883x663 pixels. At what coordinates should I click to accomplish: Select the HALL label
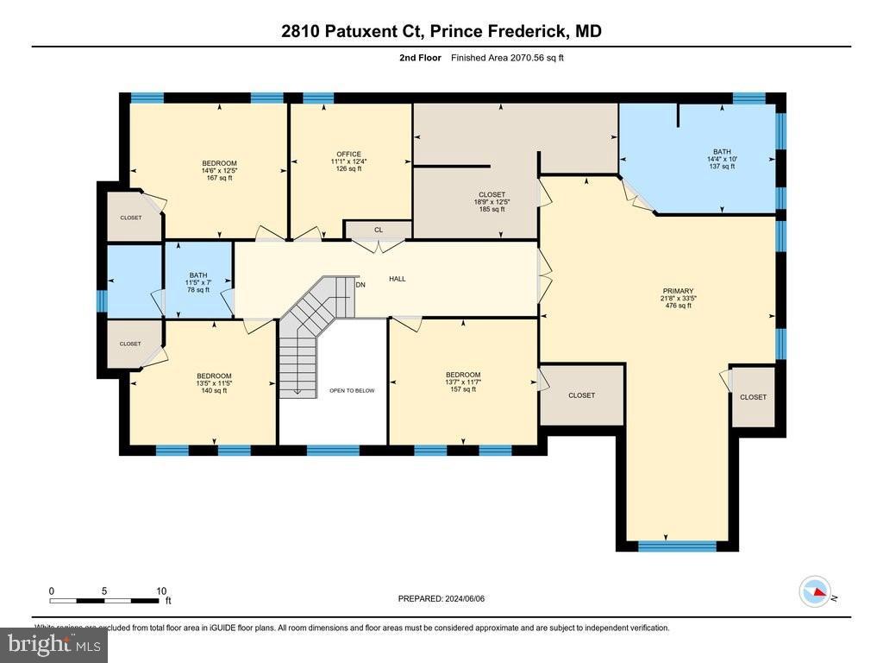(x=397, y=279)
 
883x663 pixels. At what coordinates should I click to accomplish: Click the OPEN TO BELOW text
(x=352, y=390)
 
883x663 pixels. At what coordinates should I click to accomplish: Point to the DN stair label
(x=361, y=285)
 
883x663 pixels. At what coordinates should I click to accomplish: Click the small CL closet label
(x=378, y=230)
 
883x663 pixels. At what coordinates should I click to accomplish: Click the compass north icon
(x=815, y=592)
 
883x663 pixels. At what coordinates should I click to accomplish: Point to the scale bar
(x=105, y=600)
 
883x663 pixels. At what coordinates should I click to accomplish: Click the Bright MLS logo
(x=53, y=644)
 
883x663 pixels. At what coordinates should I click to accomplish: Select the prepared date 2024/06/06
(x=447, y=598)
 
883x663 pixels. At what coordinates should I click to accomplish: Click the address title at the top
(x=441, y=32)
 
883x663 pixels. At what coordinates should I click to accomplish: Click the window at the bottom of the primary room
(x=677, y=546)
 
